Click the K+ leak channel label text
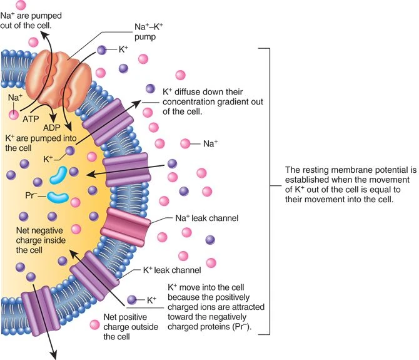(x=171, y=270)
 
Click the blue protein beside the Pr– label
(x=58, y=197)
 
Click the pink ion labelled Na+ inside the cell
(x=14, y=115)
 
